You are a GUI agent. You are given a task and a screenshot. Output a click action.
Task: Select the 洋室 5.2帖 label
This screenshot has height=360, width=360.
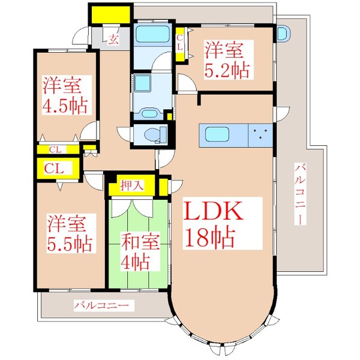pos(226,59)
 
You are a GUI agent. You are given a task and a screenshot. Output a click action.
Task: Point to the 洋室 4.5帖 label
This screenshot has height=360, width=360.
pos(65,95)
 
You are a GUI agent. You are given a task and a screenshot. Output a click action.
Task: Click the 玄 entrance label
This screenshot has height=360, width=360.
pos(113,40)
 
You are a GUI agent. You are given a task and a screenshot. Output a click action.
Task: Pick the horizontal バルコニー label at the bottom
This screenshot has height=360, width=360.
pos(101,306)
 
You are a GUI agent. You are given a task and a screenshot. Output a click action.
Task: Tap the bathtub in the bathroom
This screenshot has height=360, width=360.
pos(152,34)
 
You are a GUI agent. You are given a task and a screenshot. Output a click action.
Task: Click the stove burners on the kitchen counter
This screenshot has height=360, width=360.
pos(260,133)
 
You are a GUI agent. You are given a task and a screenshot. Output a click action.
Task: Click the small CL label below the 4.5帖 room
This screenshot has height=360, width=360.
pos(55,149)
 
